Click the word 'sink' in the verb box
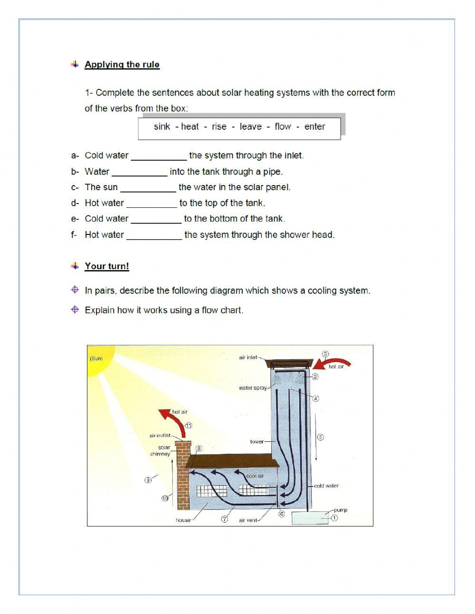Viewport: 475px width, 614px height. [x=161, y=127]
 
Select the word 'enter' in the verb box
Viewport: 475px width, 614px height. [x=314, y=127]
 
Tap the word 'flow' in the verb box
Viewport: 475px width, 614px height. [x=283, y=127]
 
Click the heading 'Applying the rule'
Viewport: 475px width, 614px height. [x=122, y=65]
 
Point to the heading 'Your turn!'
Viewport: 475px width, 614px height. [x=107, y=266]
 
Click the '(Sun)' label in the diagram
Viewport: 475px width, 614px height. [x=96, y=359]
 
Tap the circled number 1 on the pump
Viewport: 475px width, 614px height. [x=334, y=518]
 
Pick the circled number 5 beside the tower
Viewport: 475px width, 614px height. [x=320, y=437]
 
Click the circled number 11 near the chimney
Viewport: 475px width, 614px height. [x=189, y=426]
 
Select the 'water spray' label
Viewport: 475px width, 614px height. [x=253, y=388]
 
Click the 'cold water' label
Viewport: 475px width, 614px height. [x=326, y=486]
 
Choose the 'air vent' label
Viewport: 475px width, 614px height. [x=247, y=520]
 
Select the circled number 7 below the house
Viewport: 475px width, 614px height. [x=225, y=519]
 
